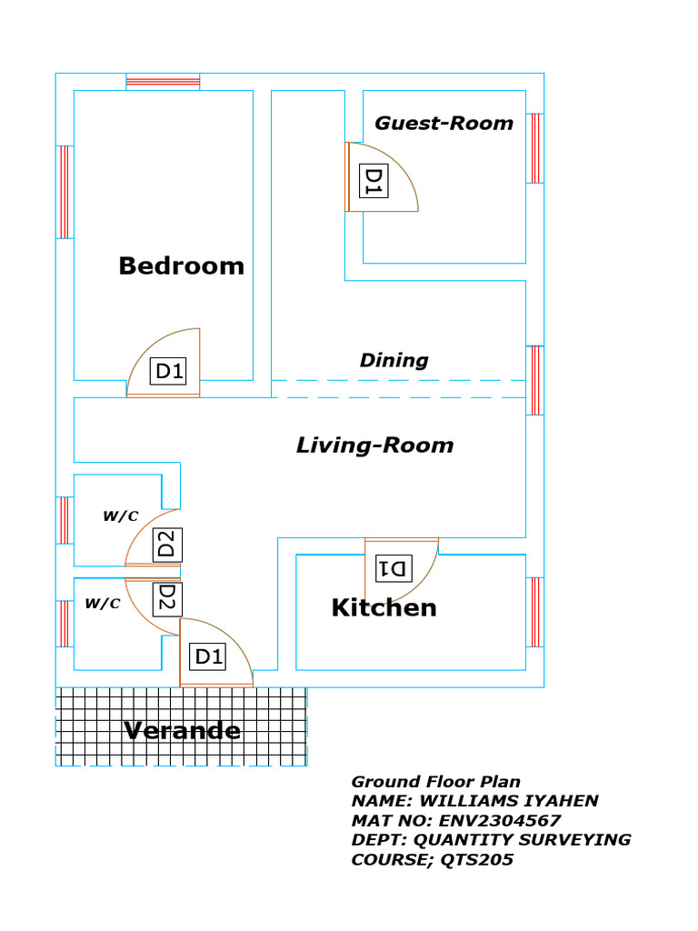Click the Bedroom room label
pos(182,266)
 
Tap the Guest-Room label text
pos(444,123)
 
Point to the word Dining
pos(394,360)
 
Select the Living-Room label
pos(375,445)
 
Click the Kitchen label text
pos(384,607)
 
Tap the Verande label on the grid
pos(182,730)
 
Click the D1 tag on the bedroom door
pos(168,371)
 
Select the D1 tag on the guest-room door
pos(374,181)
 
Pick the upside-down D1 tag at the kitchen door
pos(394,569)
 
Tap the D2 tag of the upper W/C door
pos(167,545)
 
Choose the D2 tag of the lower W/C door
pos(167,600)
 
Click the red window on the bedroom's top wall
pos(163,82)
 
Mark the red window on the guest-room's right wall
pos(534,148)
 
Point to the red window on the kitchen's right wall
pos(534,612)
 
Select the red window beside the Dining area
pos(534,381)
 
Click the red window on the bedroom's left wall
pos(65,193)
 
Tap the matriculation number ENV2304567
pos(499,821)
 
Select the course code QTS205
pos(476,860)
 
